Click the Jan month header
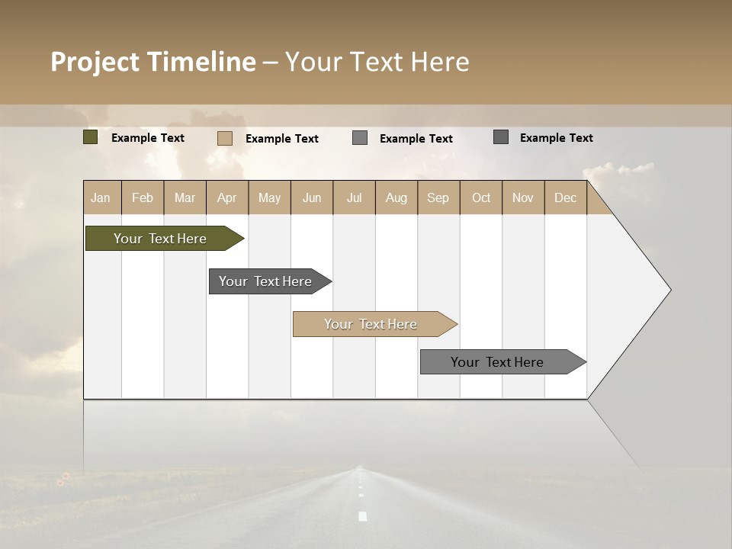click(x=101, y=197)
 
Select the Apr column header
click(x=226, y=197)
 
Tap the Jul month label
click(x=354, y=197)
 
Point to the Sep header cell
click(x=438, y=197)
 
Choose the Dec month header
click(x=565, y=197)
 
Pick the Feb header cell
click(x=143, y=197)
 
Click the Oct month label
click(x=481, y=197)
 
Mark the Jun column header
click(x=312, y=197)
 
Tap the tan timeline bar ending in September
click(x=371, y=324)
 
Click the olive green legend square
click(x=91, y=137)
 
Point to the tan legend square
click(x=225, y=138)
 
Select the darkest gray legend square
click(x=501, y=137)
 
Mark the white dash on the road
click(x=363, y=516)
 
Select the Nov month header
click(x=523, y=197)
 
